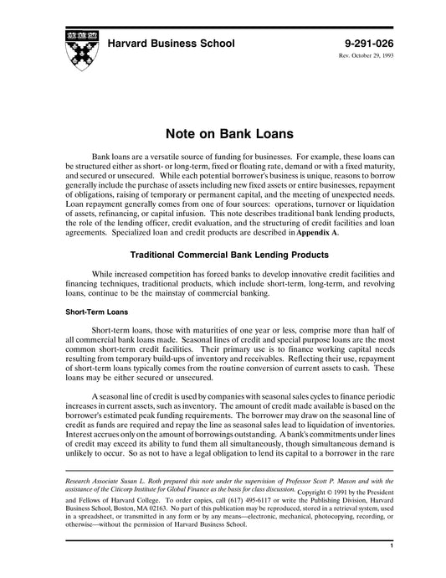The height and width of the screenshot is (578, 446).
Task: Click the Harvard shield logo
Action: coord(76,50)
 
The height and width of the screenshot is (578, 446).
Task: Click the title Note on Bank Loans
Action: coord(223,133)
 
